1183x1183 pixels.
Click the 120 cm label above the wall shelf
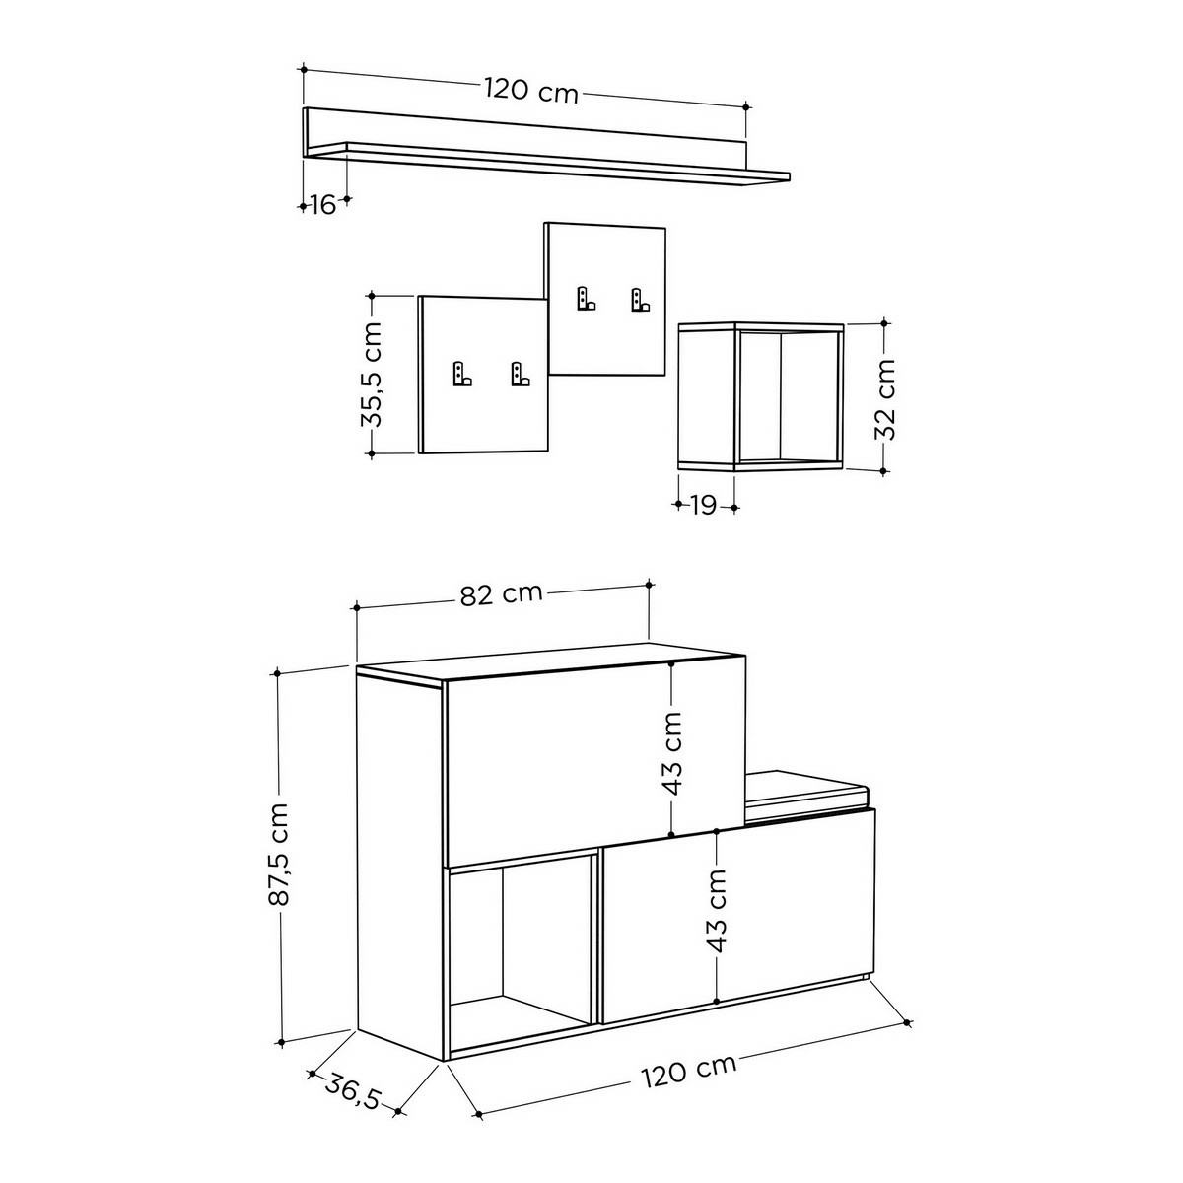[531, 91]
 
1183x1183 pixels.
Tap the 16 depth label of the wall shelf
[323, 204]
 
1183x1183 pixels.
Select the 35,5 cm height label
[372, 374]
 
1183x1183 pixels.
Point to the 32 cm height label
[884, 399]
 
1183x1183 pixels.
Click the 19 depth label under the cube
[704, 506]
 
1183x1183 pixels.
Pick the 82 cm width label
[502, 593]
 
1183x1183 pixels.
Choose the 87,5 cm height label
[279, 854]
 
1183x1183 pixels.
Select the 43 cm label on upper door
[673, 753]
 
